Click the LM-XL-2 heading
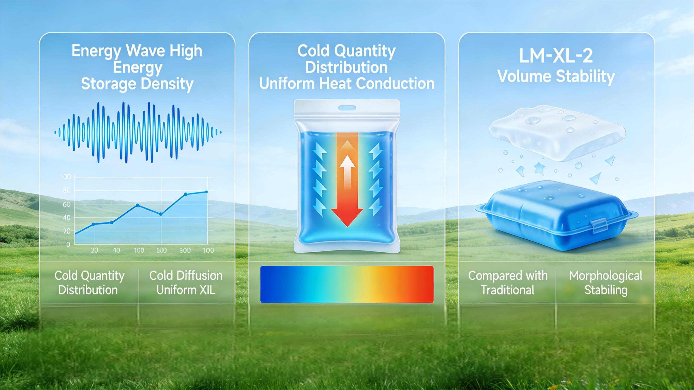click(556, 56)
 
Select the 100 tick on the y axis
click(66, 177)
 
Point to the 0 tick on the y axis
click(68, 244)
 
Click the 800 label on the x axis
click(162, 250)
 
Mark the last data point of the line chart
click(207, 192)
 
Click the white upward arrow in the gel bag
click(347, 172)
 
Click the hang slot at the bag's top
click(347, 108)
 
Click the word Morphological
click(606, 275)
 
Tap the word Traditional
click(508, 290)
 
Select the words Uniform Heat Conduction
click(347, 84)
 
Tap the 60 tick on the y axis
click(67, 204)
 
